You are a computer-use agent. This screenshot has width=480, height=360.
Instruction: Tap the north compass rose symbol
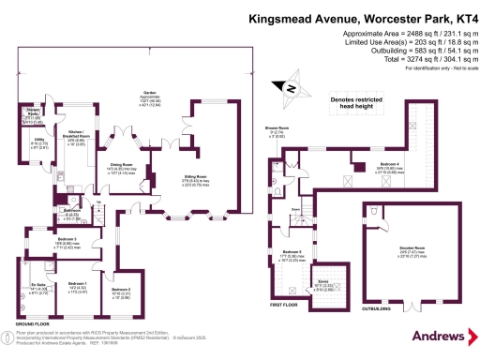(292, 90)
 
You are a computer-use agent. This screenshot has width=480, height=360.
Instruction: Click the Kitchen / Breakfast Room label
(80, 136)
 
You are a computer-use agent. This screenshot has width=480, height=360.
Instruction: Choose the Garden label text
(149, 93)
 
